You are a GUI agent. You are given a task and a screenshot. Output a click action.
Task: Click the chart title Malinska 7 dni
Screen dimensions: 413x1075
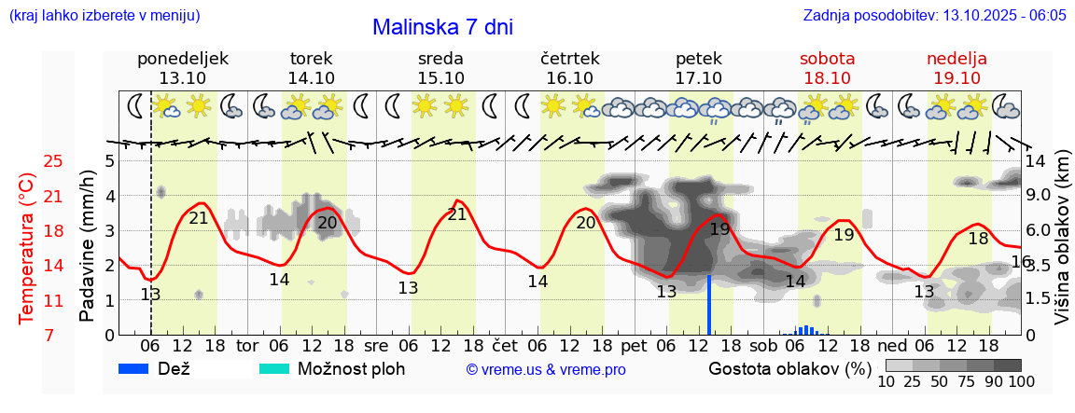442,27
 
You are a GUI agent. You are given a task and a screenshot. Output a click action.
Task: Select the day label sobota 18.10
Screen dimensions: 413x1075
827,68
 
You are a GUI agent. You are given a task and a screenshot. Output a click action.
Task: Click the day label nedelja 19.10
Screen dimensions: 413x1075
956,68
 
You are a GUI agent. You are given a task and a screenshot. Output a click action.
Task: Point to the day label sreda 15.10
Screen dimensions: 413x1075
440,68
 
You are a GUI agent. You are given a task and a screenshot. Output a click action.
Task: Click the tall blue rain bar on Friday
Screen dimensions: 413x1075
709,305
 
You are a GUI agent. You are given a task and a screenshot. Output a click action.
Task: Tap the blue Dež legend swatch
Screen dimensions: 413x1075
140,368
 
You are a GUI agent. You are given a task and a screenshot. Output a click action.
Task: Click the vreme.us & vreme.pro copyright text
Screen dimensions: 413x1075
546,369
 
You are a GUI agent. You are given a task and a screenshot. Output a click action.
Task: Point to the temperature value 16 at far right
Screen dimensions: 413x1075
1021,262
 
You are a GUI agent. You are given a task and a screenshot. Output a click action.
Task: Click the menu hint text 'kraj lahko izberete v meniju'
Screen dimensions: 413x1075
104,16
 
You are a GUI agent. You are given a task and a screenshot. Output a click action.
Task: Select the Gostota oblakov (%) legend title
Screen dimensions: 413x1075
789,368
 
